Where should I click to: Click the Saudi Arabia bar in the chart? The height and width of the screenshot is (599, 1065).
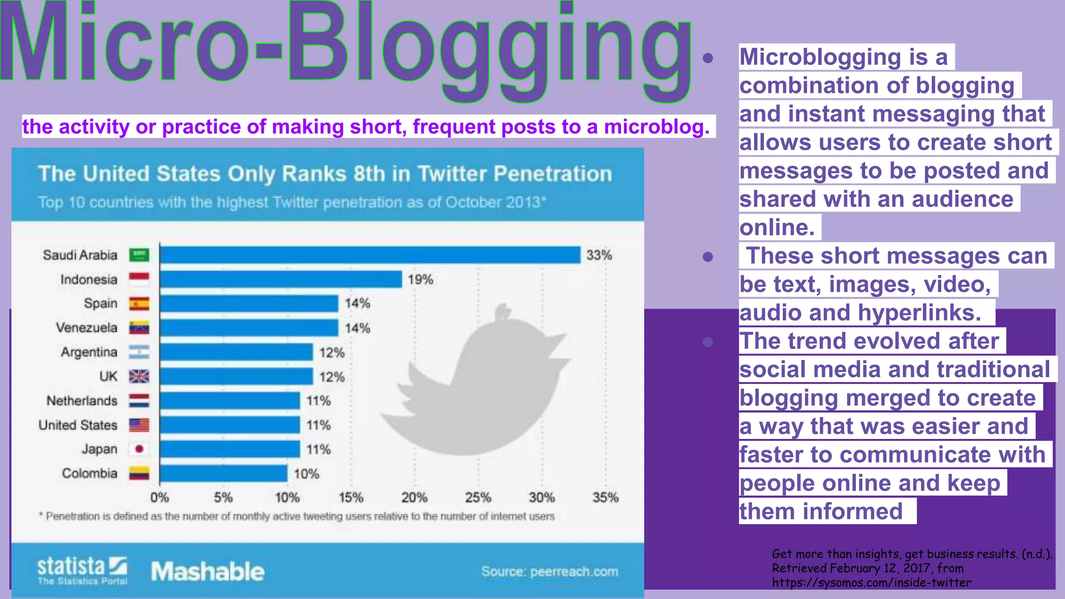370,255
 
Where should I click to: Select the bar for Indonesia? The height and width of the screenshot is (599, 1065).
281,279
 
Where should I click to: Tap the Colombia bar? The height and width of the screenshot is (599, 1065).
224,473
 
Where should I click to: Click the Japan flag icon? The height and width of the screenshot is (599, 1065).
139,449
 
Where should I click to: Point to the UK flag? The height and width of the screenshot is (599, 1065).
139,376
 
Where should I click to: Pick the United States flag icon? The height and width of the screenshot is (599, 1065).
139,425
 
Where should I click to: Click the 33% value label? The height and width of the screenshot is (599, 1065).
599,255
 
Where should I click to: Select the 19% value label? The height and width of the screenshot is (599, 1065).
420,279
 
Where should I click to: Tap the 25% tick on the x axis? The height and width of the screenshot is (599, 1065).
478,498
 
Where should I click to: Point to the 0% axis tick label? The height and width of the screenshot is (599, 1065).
160,498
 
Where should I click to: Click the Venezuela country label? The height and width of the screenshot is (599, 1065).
87,328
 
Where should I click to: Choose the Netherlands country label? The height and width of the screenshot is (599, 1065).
82,400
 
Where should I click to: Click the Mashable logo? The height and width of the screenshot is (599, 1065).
207,571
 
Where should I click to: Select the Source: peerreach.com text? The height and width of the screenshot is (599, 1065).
550,571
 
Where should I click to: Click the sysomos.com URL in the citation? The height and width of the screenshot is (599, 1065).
872,582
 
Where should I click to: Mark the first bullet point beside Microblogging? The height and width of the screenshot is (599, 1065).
707,58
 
